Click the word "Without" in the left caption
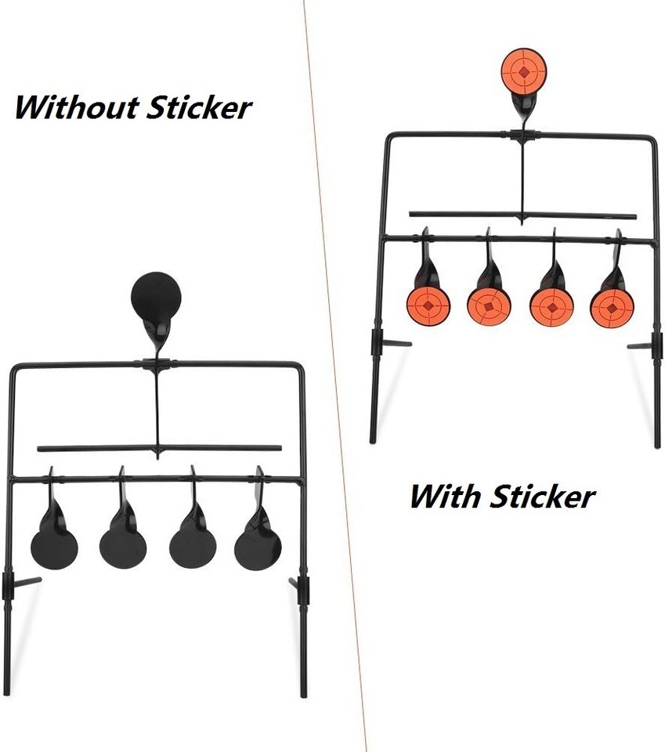point(77,107)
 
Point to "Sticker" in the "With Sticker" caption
point(543,496)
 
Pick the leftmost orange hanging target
point(428,305)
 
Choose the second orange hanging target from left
point(489,306)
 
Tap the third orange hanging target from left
point(552,306)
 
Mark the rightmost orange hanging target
point(612,306)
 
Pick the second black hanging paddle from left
point(123,548)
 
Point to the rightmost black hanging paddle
point(258,549)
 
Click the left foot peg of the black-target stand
point(27,582)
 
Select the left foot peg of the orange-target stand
point(396,343)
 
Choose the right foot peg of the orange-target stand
point(639,345)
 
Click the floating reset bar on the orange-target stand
point(522,215)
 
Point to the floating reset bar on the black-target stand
point(159,448)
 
